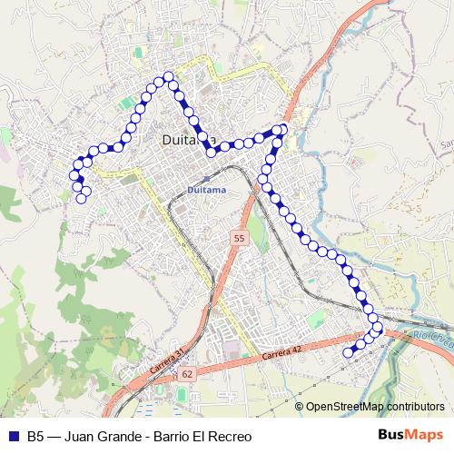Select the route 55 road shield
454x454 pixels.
238,238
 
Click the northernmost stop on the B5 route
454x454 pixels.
168,77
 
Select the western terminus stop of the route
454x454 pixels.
82,198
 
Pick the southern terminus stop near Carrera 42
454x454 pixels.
347,352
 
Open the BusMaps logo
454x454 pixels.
411,435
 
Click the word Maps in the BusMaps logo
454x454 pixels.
425,435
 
